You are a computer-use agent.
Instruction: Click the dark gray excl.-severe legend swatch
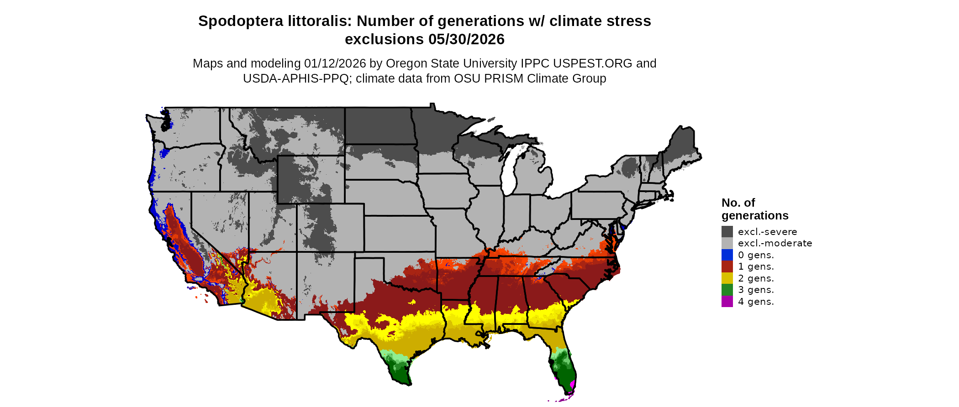(x=727, y=231)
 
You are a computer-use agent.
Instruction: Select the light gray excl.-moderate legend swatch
(x=727, y=243)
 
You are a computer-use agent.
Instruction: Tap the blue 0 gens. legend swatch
(x=727, y=255)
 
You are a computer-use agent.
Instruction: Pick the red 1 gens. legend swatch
(x=727, y=266)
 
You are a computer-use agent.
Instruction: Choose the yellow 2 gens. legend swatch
(x=727, y=278)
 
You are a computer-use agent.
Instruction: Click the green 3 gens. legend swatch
(x=727, y=290)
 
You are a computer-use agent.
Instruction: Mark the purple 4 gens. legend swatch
(x=727, y=302)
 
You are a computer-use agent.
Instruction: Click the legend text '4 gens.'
(x=756, y=302)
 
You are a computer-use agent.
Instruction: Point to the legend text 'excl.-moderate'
(x=775, y=243)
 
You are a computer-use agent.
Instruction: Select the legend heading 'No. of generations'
(x=754, y=209)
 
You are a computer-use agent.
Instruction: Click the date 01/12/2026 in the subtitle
(x=335, y=63)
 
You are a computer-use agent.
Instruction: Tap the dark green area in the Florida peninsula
(x=565, y=372)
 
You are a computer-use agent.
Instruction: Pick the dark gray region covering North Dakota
(x=379, y=125)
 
